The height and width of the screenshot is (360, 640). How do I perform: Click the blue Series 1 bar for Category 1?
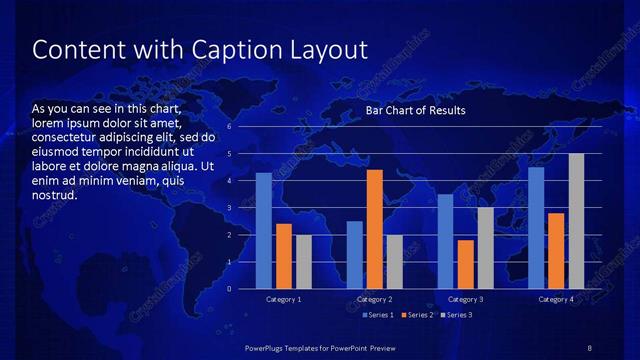[x=263, y=231]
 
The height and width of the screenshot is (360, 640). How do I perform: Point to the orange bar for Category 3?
[x=465, y=264]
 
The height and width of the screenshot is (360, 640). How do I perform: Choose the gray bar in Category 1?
[x=304, y=262]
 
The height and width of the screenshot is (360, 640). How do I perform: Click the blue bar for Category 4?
[x=536, y=227]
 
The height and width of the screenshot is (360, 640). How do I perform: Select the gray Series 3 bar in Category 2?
[x=395, y=262]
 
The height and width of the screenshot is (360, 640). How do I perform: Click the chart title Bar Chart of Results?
[x=415, y=110]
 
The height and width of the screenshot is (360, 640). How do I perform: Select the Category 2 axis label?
[x=375, y=299]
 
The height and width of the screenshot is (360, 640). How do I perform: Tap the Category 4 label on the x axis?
[x=556, y=299]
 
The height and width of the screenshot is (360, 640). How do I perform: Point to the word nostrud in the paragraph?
[x=55, y=194]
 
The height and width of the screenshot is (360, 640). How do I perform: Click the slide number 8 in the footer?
[x=589, y=347]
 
